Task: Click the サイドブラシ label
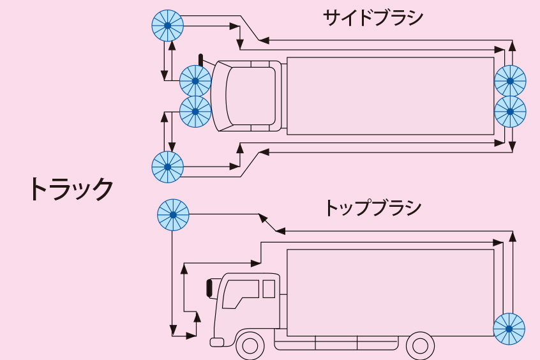pos(373,17)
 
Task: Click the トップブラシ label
pos(373,207)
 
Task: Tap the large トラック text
pos(70,188)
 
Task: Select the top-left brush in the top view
pos(167,26)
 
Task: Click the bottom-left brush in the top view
pos(167,167)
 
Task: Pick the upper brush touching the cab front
pos(195,81)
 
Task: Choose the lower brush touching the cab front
pos(195,112)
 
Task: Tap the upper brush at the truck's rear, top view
pos(510,81)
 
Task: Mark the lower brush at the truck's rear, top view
pos(510,112)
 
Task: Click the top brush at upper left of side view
pos(174,215)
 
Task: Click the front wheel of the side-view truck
pos(250,346)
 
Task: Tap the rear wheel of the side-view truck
pos(420,346)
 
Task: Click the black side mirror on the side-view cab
pos(209,288)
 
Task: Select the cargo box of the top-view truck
pos(390,96)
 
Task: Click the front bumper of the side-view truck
pos(217,343)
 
